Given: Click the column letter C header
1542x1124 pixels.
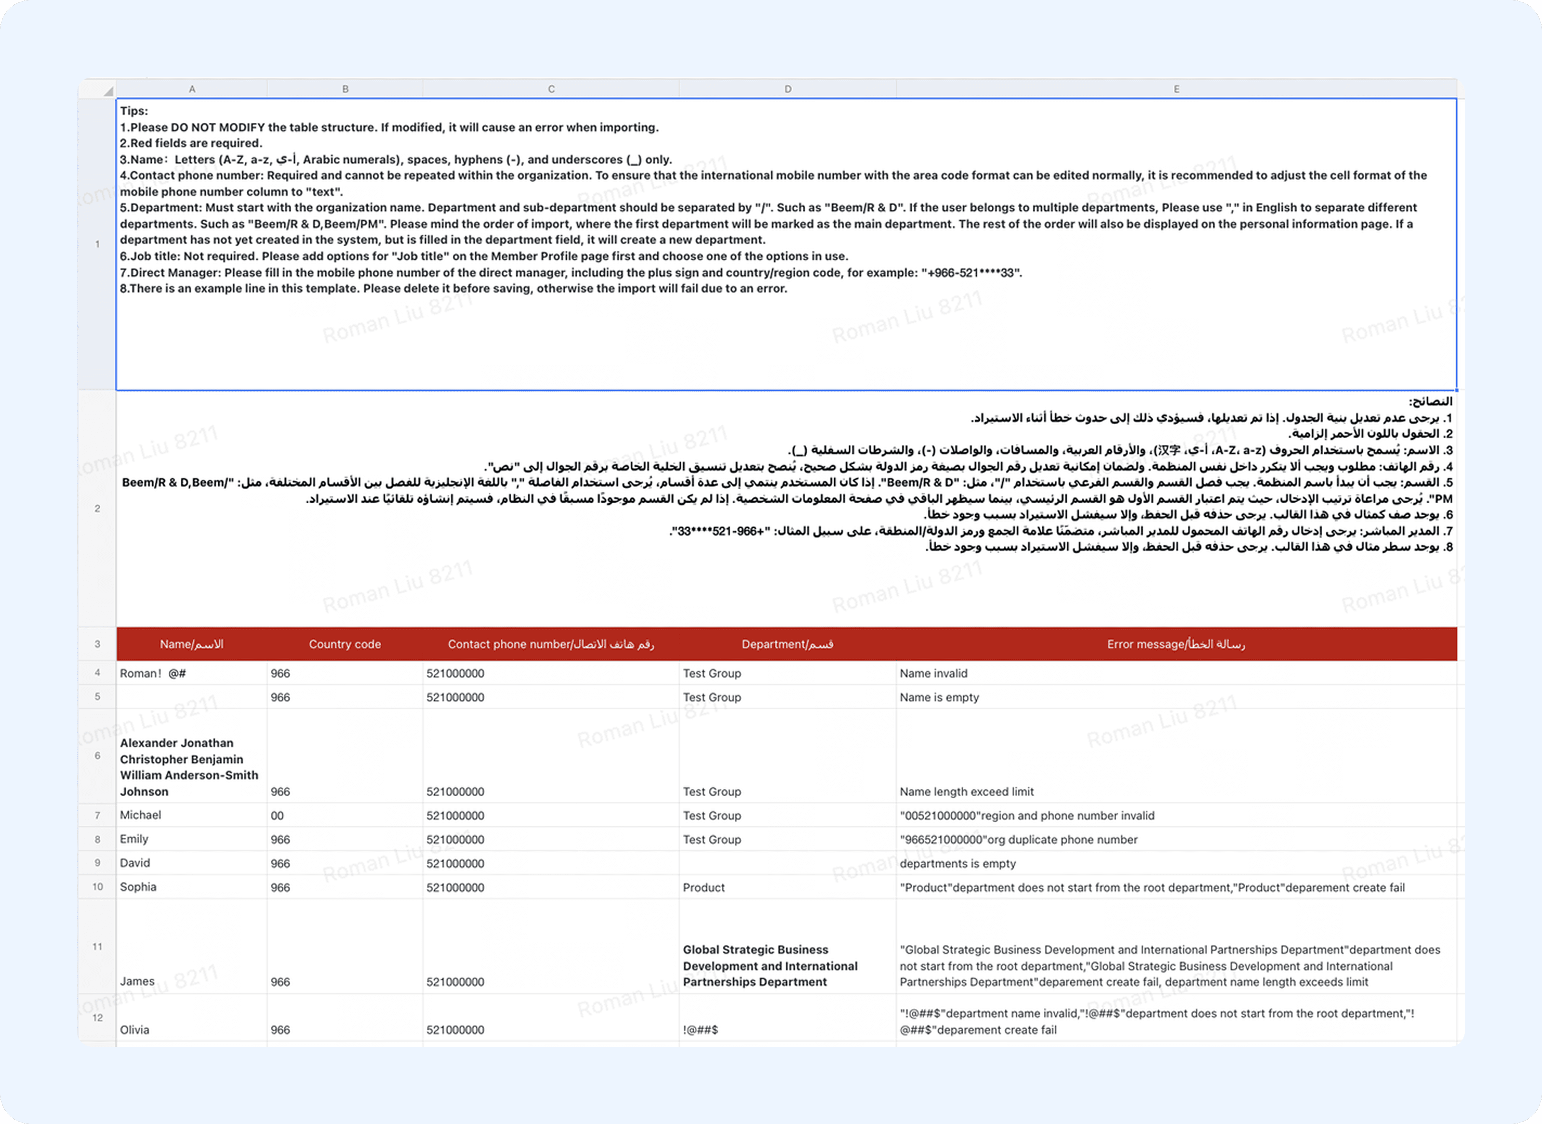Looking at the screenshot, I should pyautogui.click(x=551, y=89).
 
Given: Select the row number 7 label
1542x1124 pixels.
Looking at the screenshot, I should pyautogui.click(x=97, y=815).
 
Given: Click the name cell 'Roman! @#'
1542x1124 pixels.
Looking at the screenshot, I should pyautogui.click(x=153, y=674).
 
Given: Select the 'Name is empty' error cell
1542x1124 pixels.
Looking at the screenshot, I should pyautogui.click(x=939, y=697).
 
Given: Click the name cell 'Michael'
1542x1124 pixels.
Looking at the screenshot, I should pyautogui.click(x=141, y=815).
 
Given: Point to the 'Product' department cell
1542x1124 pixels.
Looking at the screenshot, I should pyautogui.click(x=704, y=888).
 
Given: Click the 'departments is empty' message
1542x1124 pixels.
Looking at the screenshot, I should pyautogui.click(x=957, y=863).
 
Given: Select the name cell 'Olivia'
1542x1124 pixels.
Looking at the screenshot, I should pyautogui.click(x=134, y=1030).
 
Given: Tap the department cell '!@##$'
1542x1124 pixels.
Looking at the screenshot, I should pyautogui.click(x=700, y=1030).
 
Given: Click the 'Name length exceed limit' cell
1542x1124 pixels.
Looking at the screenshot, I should pyautogui.click(x=966, y=792).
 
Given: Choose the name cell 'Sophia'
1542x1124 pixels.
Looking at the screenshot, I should pyautogui.click(x=138, y=887).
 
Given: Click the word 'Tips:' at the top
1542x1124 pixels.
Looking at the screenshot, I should pyautogui.click(x=134, y=111).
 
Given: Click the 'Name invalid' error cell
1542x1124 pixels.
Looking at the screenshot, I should pyautogui.click(x=933, y=674).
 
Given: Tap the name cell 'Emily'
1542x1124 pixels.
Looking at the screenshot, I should pyautogui.click(x=134, y=839).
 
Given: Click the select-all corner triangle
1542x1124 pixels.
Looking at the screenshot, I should pyautogui.click(x=107, y=91).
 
